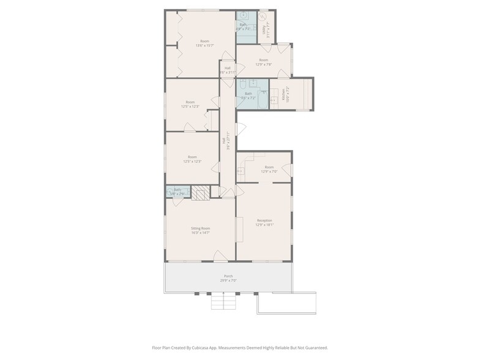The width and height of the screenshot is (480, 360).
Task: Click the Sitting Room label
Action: click(200, 228)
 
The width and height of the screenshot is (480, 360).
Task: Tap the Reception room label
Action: click(264, 220)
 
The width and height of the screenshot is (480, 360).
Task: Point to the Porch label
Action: click(228, 276)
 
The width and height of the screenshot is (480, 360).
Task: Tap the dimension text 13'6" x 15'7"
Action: click(204, 45)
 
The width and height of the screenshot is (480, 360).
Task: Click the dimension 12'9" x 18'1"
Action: click(264, 225)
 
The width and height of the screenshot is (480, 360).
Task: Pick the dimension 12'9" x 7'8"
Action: click(263, 64)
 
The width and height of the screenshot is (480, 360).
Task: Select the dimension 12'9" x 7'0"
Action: click(269, 171)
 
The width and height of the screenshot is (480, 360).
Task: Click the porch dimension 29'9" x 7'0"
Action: click(228, 280)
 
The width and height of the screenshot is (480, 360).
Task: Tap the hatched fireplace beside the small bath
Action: click(200, 193)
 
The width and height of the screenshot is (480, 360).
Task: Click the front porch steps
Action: click(224, 302)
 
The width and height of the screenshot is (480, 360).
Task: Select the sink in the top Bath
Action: click(243, 15)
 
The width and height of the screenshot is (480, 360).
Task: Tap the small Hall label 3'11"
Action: click(227, 70)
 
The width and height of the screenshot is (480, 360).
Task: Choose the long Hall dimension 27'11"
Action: click(227, 143)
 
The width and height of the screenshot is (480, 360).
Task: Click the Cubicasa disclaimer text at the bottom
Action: click(239, 347)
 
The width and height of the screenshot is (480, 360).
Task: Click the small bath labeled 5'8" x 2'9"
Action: click(178, 192)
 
